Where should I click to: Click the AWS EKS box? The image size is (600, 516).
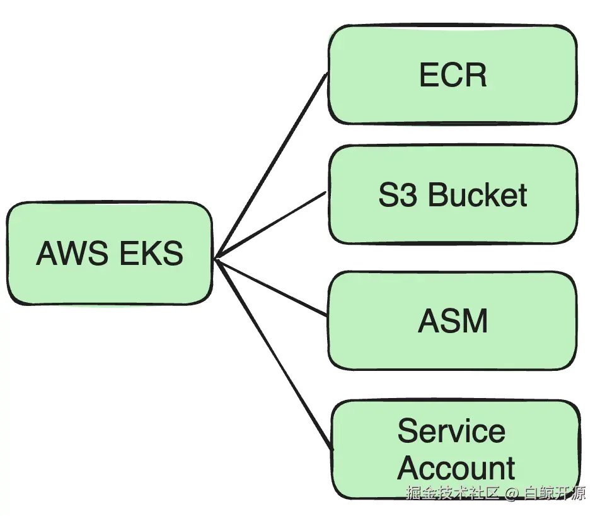[x=110, y=253]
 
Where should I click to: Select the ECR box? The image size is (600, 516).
[x=453, y=74]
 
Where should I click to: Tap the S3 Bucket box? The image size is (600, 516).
[x=453, y=194]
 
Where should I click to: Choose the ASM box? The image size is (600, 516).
[x=453, y=320]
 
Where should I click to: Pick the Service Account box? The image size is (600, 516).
[x=455, y=450]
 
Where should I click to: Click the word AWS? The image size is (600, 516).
[x=72, y=253]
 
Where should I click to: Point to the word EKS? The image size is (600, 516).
[x=151, y=253]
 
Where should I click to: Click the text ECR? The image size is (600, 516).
[x=453, y=74]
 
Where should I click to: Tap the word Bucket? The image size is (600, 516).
[x=477, y=194]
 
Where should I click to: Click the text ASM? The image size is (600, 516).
[x=453, y=321]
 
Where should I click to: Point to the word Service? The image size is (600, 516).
[x=451, y=431]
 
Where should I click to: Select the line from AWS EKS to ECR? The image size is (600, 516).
[x=272, y=165]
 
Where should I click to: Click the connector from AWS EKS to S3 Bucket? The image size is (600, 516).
[x=271, y=225]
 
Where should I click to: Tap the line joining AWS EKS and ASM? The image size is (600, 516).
[x=272, y=288]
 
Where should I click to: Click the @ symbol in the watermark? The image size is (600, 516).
[x=512, y=493]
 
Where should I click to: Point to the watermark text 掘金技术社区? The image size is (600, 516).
[x=453, y=493]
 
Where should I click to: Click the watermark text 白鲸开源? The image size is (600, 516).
[x=555, y=493]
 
